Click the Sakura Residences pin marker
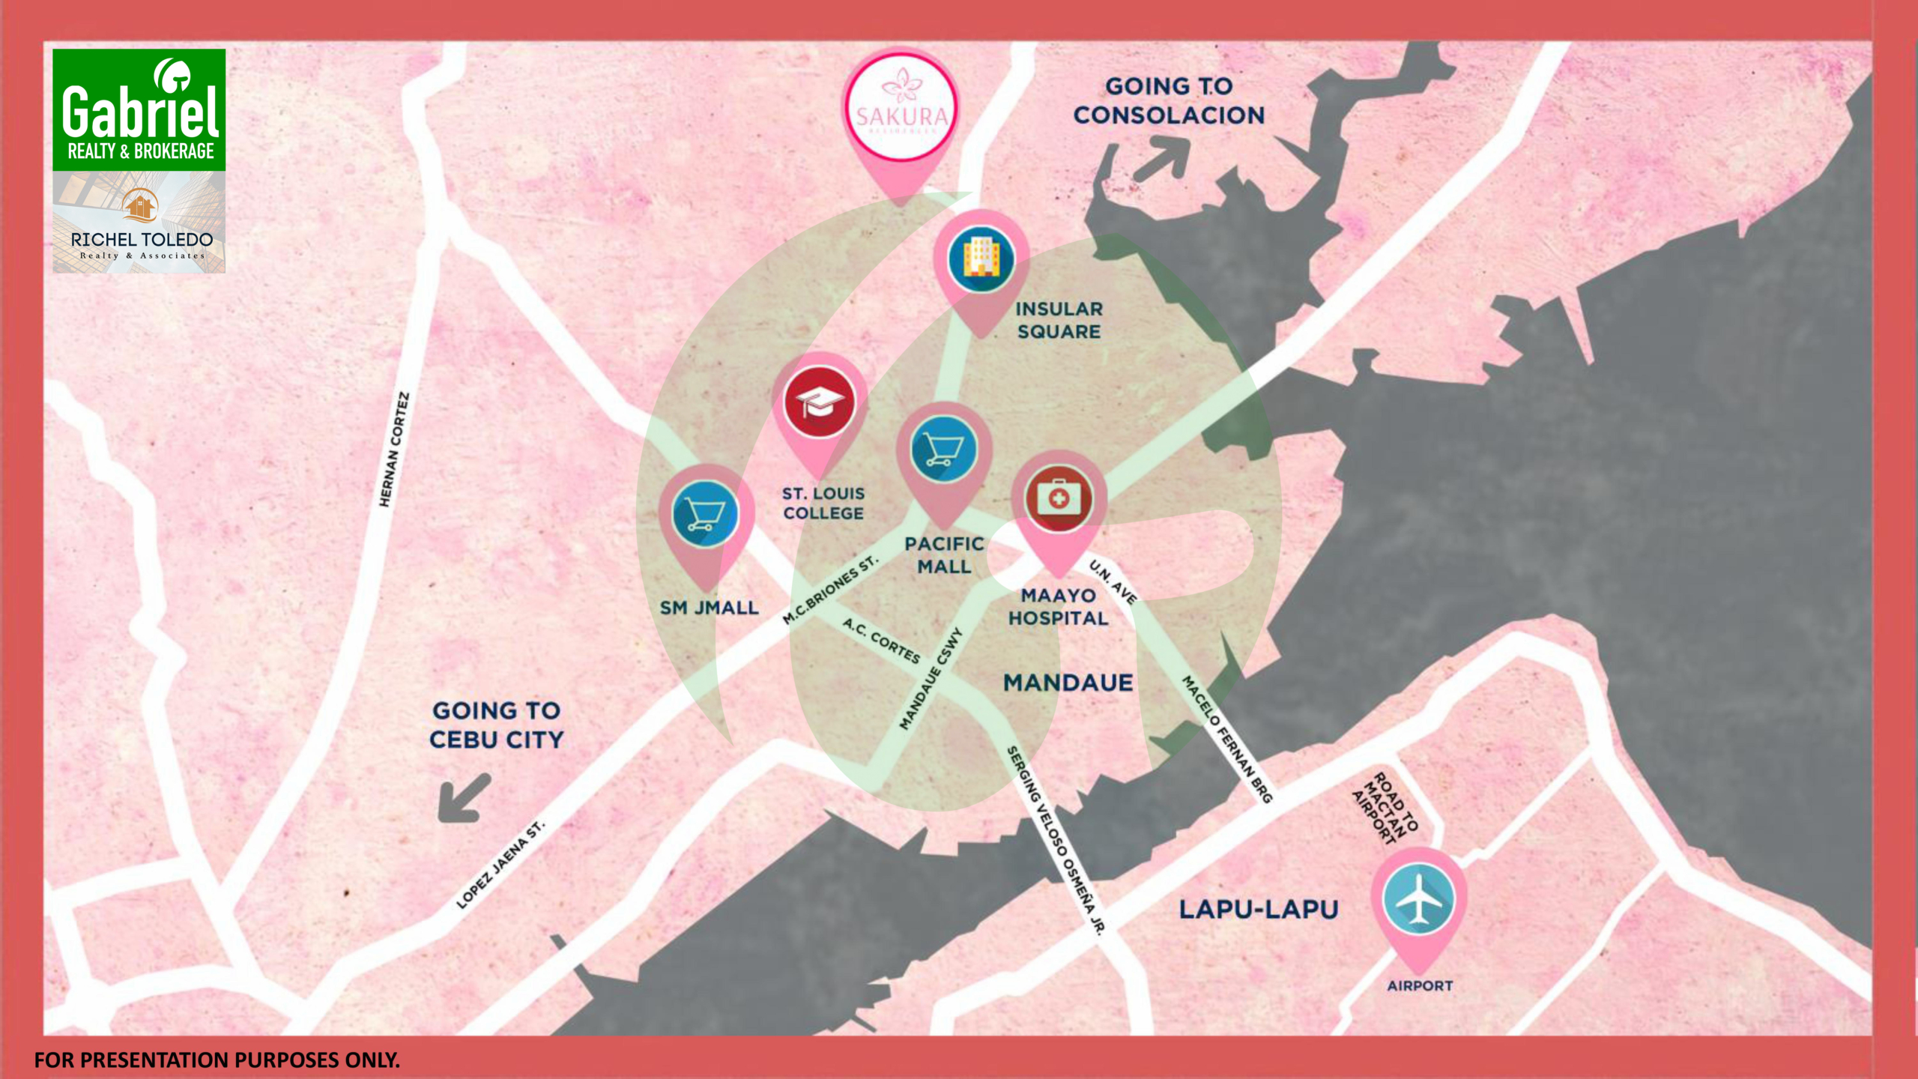(901, 109)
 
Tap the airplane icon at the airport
(1418, 898)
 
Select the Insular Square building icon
(981, 260)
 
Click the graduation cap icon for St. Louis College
(820, 402)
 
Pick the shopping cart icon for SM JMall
(705, 514)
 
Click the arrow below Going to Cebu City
(465, 798)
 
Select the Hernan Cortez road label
(394, 450)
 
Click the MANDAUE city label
(1068, 683)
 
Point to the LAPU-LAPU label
(1258, 910)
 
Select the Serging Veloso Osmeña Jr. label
(1055, 839)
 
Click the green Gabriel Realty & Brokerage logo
(139, 110)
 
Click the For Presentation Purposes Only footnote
(217, 1060)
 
